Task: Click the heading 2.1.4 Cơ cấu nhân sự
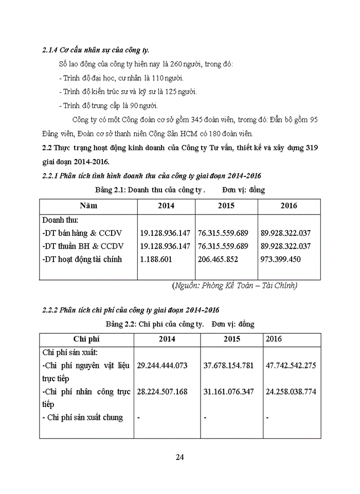coord(95,50)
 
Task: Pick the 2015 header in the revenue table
coord(226,205)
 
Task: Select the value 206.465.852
coord(218,259)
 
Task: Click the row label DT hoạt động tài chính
coord(82,259)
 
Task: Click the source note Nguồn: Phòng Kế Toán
coord(235,285)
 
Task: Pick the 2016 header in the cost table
coord(274,339)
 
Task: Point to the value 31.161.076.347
coord(229,392)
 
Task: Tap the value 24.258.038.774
coord(291,392)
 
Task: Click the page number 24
coord(180,457)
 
